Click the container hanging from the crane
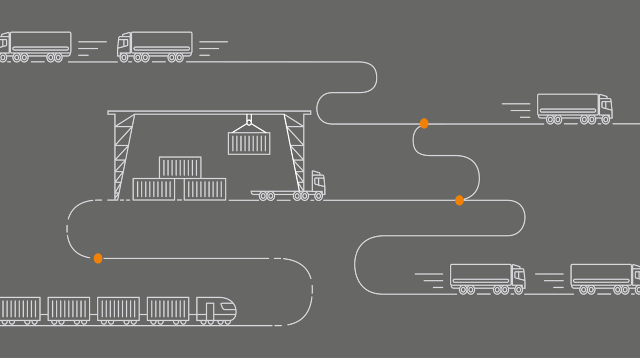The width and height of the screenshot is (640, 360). [249, 143]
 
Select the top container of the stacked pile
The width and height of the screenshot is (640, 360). [180, 167]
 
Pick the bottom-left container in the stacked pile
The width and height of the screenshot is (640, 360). [154, 189]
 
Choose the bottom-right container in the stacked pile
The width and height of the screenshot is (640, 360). [205, 189]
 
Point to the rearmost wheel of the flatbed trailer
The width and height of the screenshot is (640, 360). [263, 196]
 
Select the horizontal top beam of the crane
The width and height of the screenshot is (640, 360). [209, 113]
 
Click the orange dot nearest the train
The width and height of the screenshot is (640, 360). [98, 258]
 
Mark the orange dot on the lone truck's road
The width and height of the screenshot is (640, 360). [424, 124]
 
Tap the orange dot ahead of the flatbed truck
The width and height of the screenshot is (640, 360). [459, 201]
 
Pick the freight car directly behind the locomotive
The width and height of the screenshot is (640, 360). [168, 309]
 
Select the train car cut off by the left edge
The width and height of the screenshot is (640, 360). [20, 309]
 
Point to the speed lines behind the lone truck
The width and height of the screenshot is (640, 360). [517, 110]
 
